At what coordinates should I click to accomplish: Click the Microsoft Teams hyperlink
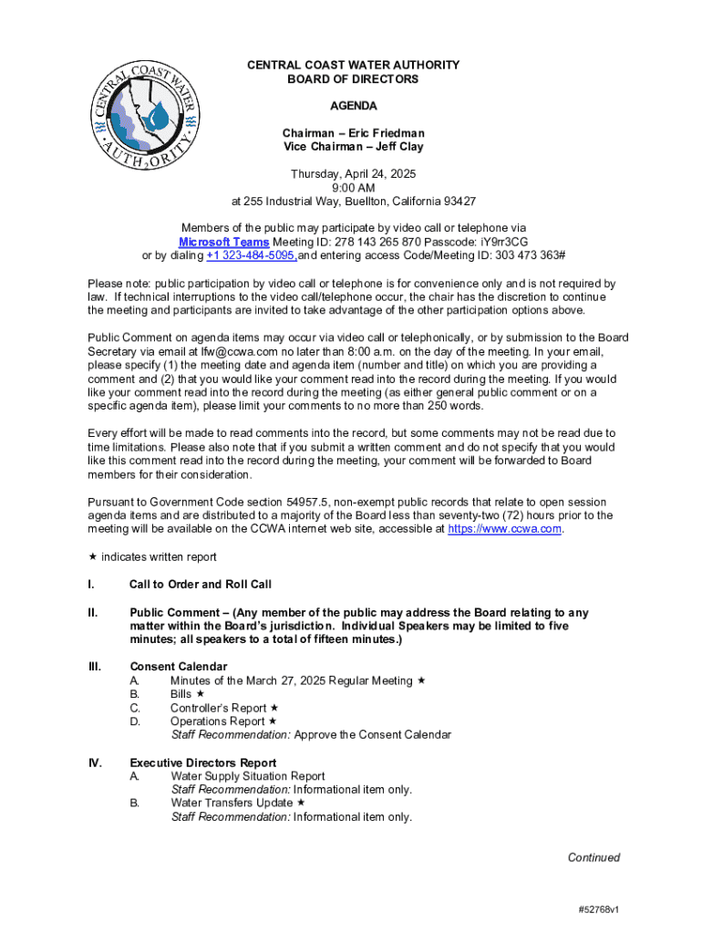[x=223, y=242]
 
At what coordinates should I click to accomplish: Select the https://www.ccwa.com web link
[x=505, y=529]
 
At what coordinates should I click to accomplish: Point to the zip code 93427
[x=454, y=202]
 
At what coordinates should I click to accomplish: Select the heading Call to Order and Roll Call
[x=201, y=585]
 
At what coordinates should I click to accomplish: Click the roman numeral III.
[x=94, y=667]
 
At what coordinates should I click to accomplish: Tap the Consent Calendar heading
[x=179, y=667]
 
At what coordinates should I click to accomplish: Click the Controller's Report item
[x=218, y=708]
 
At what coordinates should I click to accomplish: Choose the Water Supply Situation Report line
[x=247, y=776]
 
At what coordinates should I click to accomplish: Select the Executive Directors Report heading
[x=203, y=763]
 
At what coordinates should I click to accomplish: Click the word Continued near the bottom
[x=594, y=857]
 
